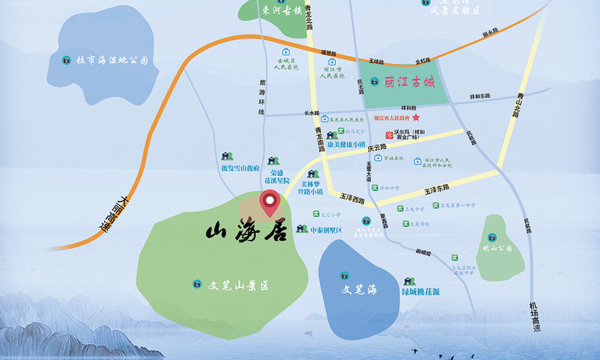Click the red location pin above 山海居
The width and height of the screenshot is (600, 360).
pos(271,202)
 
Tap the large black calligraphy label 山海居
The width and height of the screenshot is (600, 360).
pos(246,233)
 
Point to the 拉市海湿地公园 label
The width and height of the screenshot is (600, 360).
pos(112,60)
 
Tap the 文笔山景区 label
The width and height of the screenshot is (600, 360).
pos(237,284)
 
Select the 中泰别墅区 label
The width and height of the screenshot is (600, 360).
pos(320,230)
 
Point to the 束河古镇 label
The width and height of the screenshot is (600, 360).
pos(281,11)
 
